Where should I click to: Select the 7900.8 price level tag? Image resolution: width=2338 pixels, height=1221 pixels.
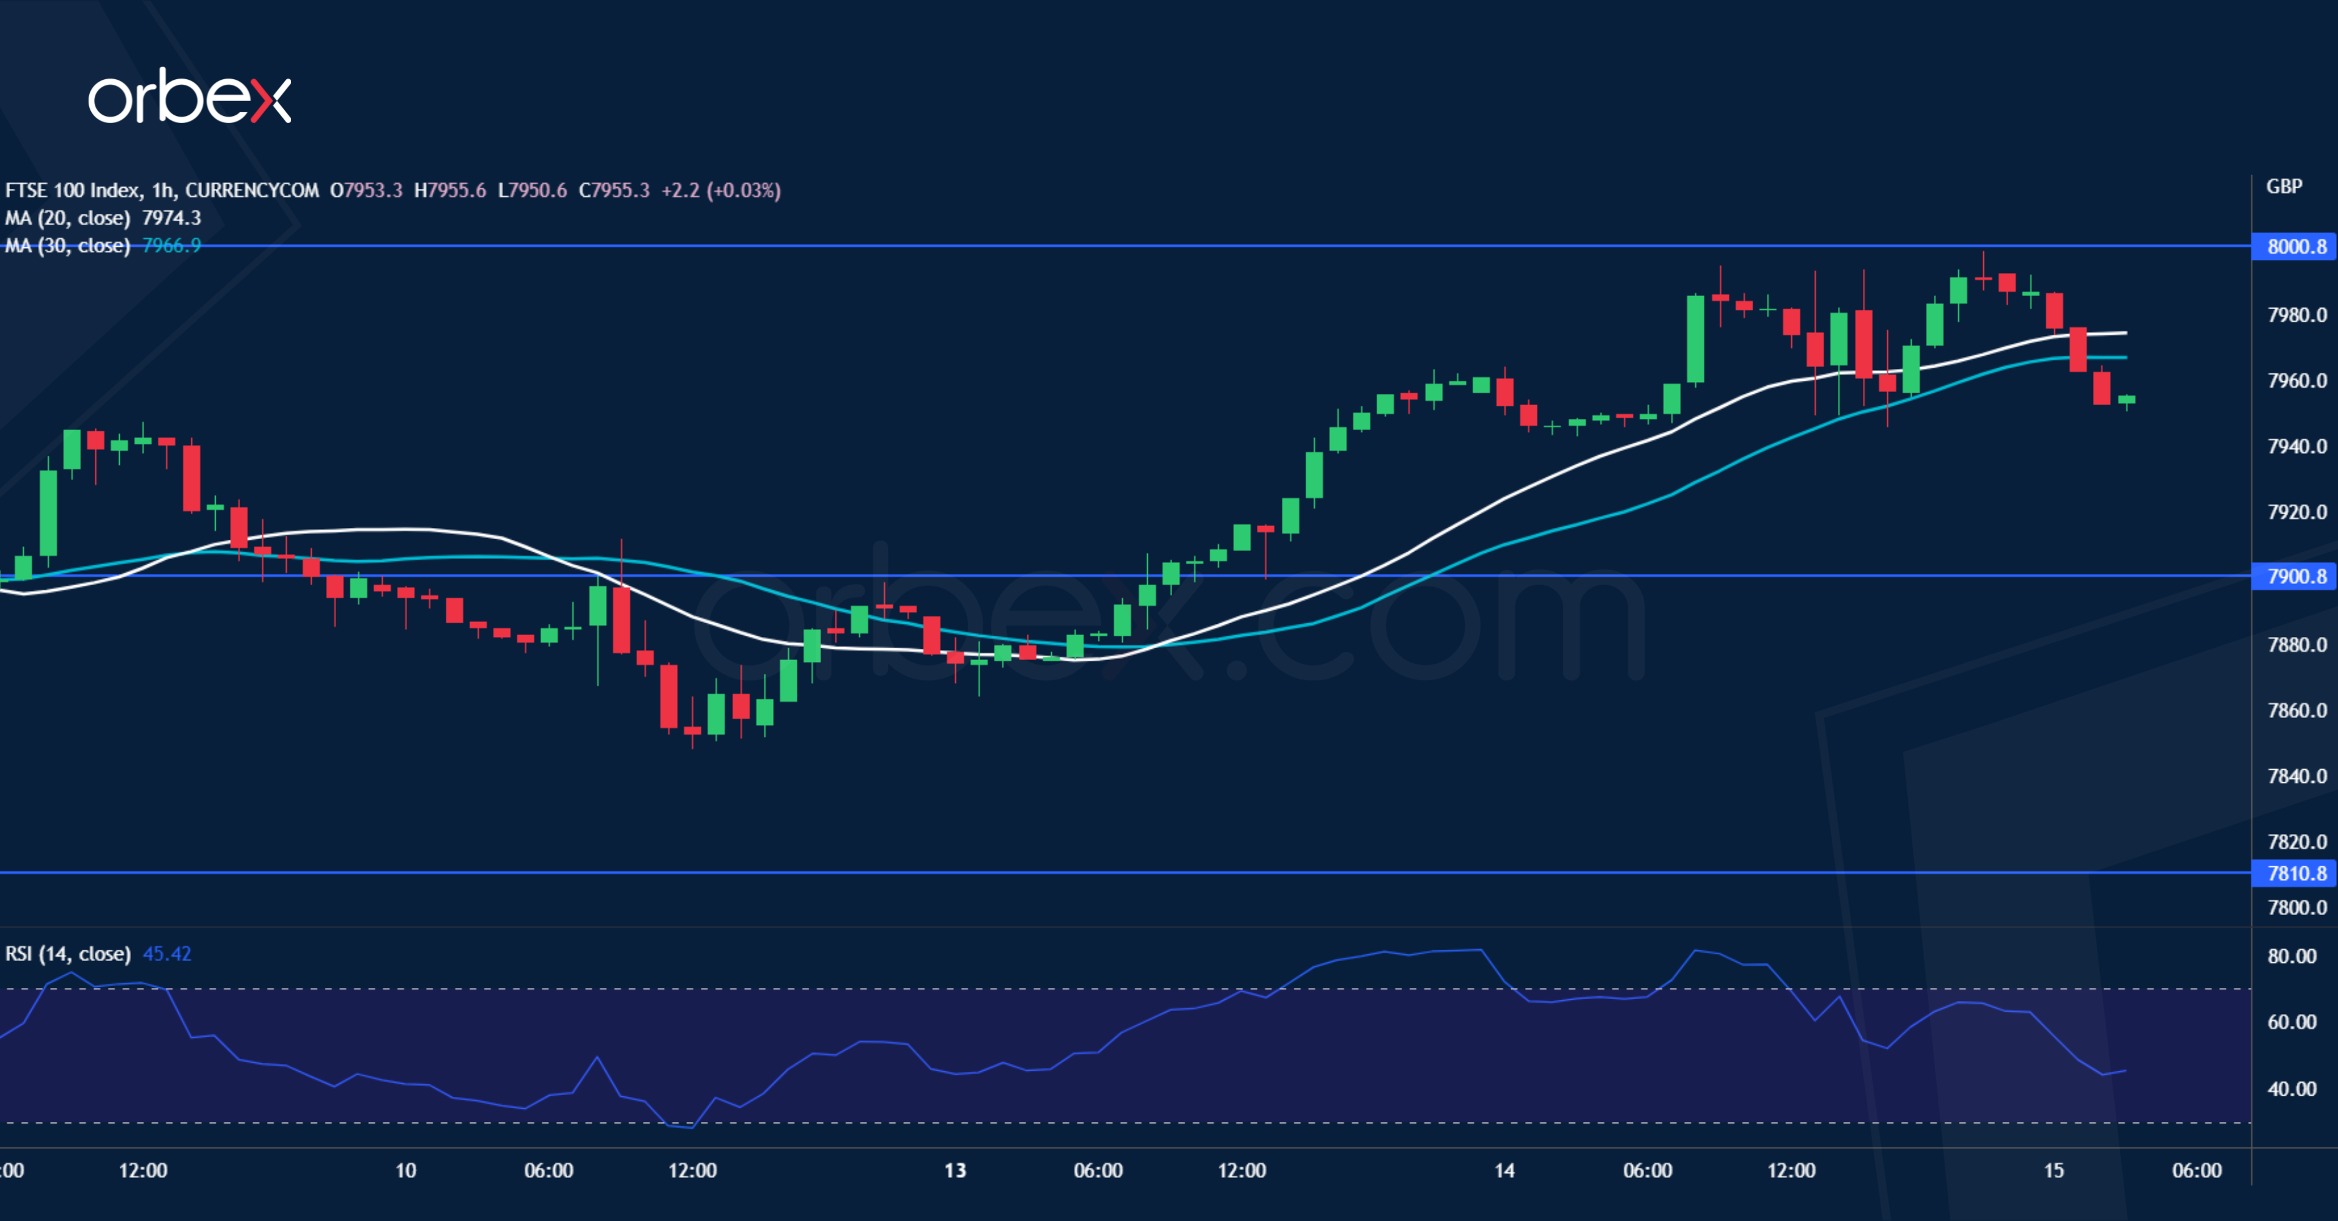coord(2296,576)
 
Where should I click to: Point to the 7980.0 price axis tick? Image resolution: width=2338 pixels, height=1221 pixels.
coord(2296,315)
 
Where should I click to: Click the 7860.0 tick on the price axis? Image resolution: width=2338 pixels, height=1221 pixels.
coord(2296,711)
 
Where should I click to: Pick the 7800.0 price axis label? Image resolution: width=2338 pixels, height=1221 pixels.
coord(2296,907)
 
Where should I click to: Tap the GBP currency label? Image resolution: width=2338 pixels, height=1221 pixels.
coord(2284,186)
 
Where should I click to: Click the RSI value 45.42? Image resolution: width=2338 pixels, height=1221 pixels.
coord(167,954)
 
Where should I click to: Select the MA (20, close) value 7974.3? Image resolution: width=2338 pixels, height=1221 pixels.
coord(171,218)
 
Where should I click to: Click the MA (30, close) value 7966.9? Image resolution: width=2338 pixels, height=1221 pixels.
coord(171,246)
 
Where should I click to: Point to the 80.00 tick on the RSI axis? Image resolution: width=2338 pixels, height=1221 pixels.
coord(2292,956)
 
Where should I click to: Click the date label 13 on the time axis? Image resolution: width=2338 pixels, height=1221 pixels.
coord(955,1170)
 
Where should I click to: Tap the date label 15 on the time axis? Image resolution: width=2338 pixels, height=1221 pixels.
coord(2053,1170)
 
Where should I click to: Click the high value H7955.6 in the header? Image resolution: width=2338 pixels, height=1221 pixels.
coord(450,191)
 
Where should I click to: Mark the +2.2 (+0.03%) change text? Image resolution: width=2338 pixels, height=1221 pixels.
coord(721,191)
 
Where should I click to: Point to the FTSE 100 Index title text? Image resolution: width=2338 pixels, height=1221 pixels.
coord(72,191)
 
